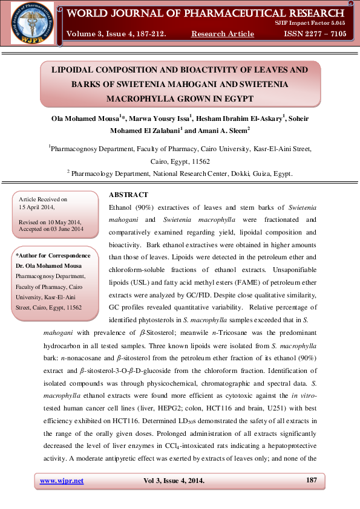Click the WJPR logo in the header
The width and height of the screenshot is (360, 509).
click(x=32, y=23)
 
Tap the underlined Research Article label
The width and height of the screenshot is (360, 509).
click(x=223, y=34)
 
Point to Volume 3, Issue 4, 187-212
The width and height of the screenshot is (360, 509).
click(x=117, y=34)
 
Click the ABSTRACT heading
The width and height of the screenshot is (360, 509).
click(x=128, y=195)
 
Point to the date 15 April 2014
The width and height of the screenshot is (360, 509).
click(x=38, y=207)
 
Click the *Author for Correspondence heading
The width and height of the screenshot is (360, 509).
click(x=53, y=256)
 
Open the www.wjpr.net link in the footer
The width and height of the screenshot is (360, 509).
click(x=62, y=481)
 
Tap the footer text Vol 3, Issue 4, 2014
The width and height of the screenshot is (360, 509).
click(x=174, y=481)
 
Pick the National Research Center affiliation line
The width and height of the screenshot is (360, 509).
click(x=180, y=173)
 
